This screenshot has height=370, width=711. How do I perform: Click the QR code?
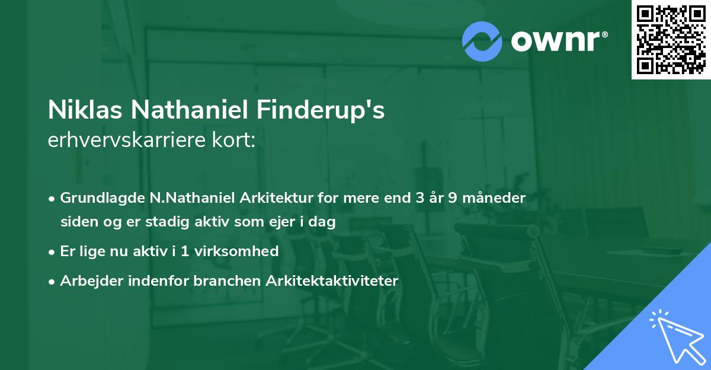click(671, 40)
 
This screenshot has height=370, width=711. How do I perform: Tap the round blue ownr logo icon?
click(482, 41)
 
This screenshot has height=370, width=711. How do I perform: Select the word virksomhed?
click(235, 251)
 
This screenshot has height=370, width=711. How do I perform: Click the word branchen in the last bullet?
click(219, 281)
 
